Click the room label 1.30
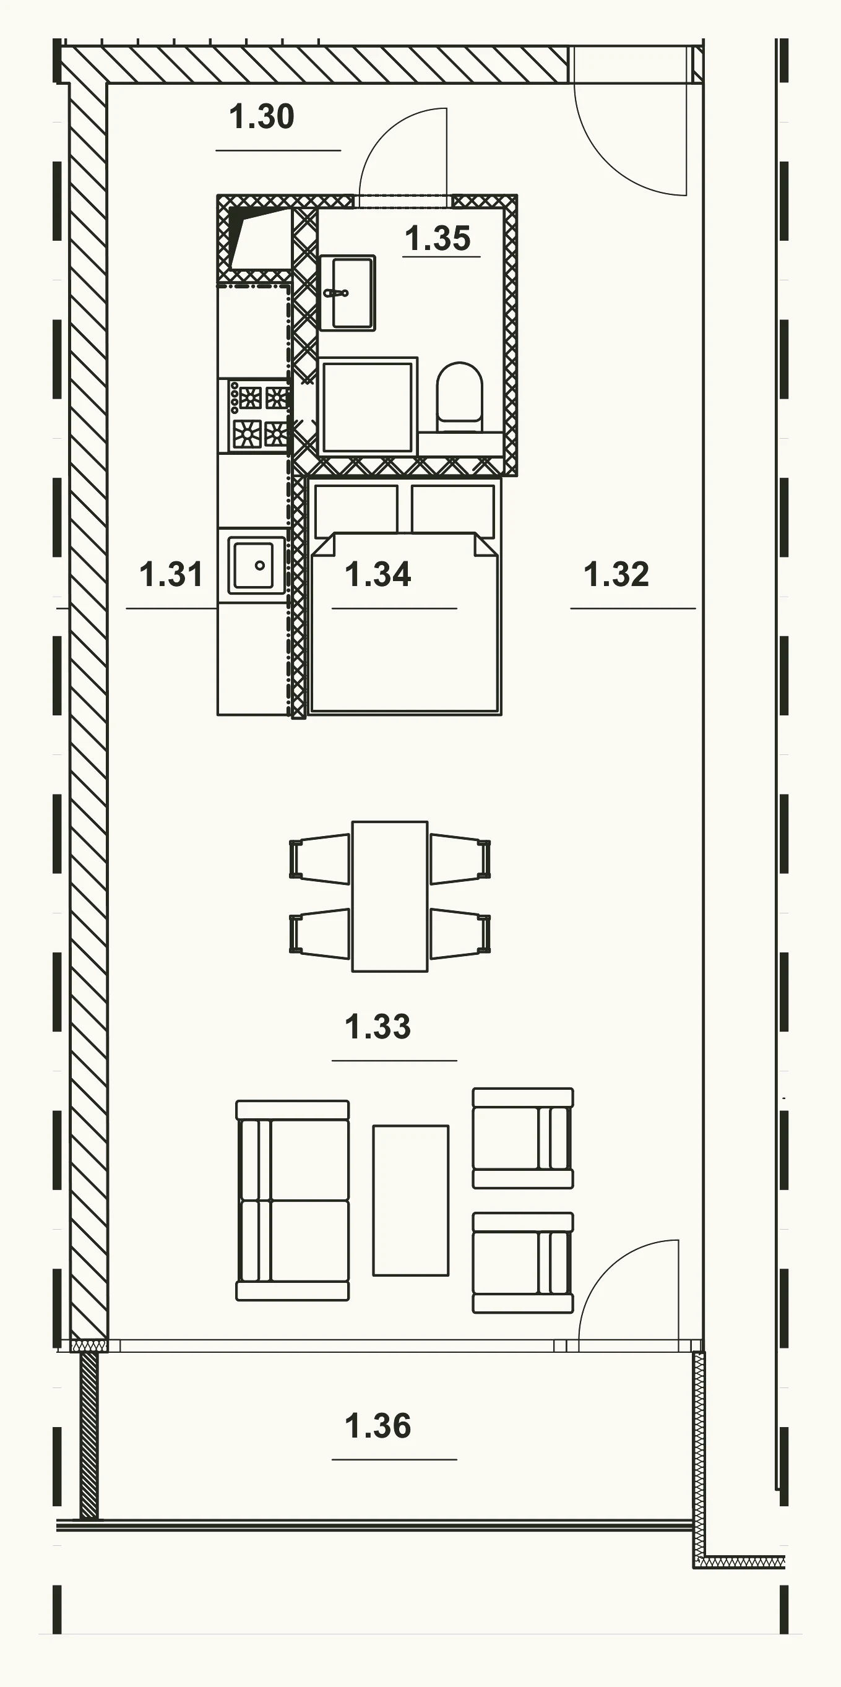261,117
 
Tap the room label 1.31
171,574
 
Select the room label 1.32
616,574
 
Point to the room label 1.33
378,1026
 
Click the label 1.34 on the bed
378,574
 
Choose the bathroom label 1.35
438,238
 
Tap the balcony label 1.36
378,1426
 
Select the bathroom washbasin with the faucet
347,293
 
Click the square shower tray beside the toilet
368,406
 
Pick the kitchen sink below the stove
256,565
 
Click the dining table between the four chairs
390,897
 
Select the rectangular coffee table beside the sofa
411,1201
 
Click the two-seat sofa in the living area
293,1201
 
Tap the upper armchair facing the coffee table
523,1138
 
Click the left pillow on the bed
356,509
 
